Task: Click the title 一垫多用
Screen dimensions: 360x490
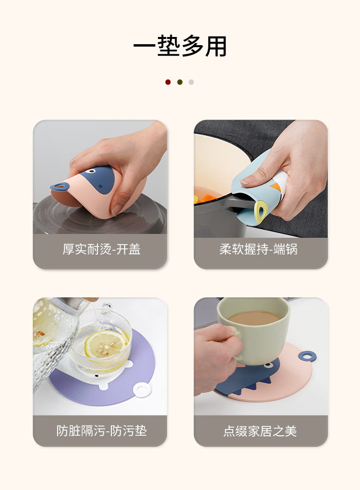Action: [180, 46]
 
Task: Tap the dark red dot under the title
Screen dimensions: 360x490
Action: [168, 82]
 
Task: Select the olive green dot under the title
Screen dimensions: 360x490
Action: [180, 82]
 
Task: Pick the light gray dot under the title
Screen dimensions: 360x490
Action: [192, 82]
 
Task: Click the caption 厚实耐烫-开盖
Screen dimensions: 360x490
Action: [101, 249]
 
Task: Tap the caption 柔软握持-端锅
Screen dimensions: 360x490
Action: [259, 249]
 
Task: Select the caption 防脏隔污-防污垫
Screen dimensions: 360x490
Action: [101, 430]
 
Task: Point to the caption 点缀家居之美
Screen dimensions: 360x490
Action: [260, 431]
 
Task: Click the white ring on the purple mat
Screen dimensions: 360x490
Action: [143, 390]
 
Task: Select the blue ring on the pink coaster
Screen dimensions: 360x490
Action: [307, 356]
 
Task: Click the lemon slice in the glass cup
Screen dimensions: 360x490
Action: [107, 346]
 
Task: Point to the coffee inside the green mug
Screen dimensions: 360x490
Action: [253, 318]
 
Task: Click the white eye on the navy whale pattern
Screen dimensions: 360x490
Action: [91, 171]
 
